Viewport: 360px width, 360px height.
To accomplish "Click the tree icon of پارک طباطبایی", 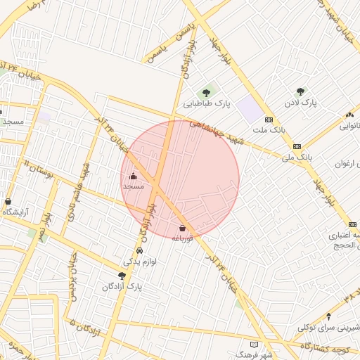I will click(x=207, y=91).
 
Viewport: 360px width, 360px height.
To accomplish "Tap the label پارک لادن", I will click(x=302, y=103).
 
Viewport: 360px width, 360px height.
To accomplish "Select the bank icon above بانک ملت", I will click(x=269, y=120).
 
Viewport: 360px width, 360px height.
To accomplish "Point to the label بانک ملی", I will click(x=296, y=157).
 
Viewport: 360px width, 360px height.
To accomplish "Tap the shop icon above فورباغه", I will click(x=183, y=228).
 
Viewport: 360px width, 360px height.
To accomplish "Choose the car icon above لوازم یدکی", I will click(x=139, y=250).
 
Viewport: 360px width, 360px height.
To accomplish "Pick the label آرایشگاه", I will click(x=18, y=212).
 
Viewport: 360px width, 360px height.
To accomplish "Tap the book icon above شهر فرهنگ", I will click(x=254, y=345).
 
